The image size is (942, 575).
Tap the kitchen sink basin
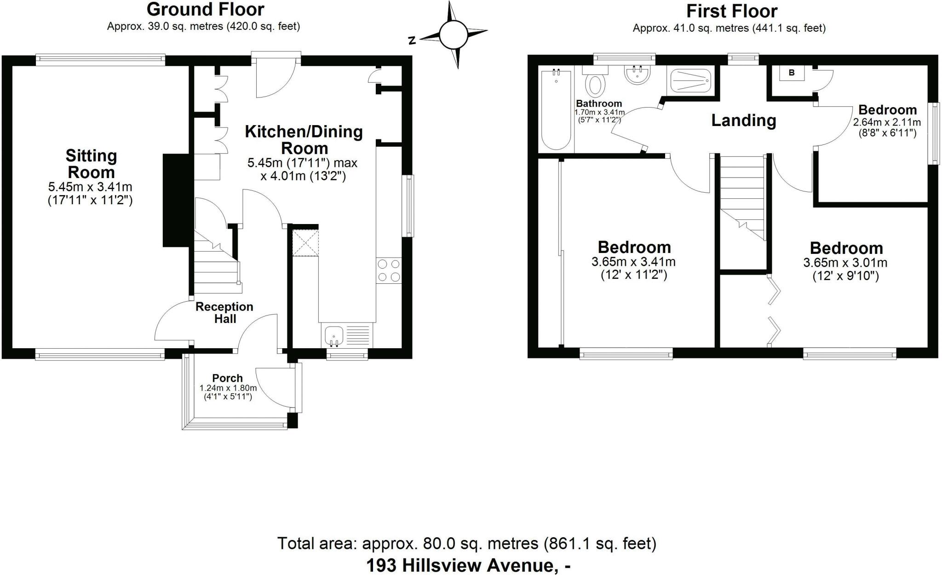tap(333, 335)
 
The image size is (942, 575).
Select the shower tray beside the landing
tap(691, 80)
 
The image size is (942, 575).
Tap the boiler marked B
tap(792, 73)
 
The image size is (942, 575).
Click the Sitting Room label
tap(91, 164)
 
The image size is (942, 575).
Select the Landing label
tap(743, 121)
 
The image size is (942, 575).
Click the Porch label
tap(227, 378)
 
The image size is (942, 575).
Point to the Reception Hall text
tap(224, 313)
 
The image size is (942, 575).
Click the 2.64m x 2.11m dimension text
tap(887, 122)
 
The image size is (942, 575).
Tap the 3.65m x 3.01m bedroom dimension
tap(845, 263)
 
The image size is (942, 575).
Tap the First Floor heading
tap(731, 11)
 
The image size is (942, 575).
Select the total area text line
tap(466, 544)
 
